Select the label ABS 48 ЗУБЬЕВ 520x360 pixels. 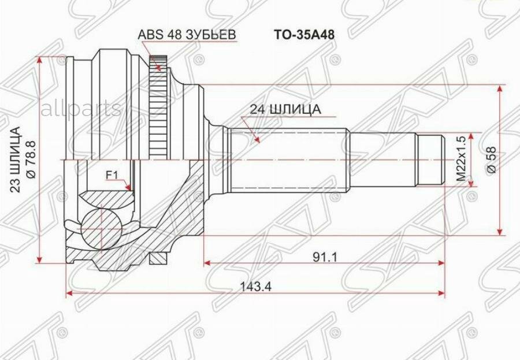tap(187, 35)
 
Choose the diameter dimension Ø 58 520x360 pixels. tap(492, 159)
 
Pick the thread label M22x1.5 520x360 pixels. tap(460, 160)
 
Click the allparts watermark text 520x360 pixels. tap(80, 108)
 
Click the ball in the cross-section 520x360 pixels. tap(102, 227)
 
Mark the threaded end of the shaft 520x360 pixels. tap(430, 159)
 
